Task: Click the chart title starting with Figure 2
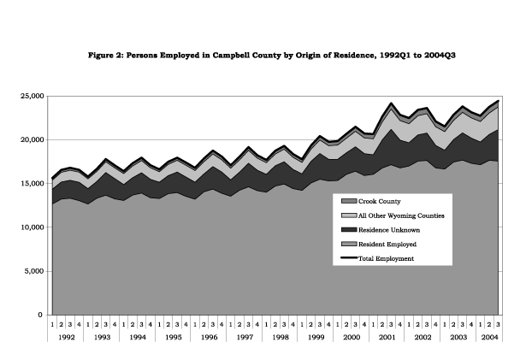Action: pyautogui.click(x=272, y=56)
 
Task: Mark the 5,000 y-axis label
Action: pyautogui.click(x=34, y=271)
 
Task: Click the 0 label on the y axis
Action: pyautogui.click(x=40, y=315)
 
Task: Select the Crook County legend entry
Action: pyautogui.click(x=371, y=201)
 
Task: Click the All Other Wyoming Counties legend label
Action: pyautogui.click(x=401, y=215)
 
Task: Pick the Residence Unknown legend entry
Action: pyautogui.click(x=381, y=230)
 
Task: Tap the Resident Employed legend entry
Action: pyautogui.click(x=379, y=245)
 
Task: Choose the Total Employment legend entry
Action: pyautogui.click(x=377, y=259)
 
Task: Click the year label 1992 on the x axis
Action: pyautogui.click(x=67, y=337)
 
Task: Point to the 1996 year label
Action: pyautogui.click(x=209, y=337)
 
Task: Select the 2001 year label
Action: pyautogui.click(x=387, y=337)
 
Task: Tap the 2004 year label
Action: pyautogui.click(x=489, y=337)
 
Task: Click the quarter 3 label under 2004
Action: pyautogui.click(x=498, y=324)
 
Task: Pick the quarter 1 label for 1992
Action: pyautogui.click(x=52, y=324)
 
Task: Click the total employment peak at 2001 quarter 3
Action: pyautogui.click(x=391, y=103)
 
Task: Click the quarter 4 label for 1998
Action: pyautogui.click(x=293, y=324)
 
